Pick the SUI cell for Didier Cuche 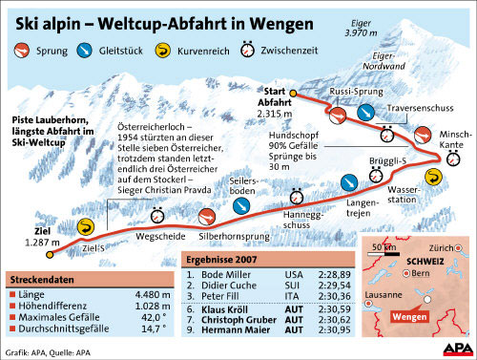coord(295,286)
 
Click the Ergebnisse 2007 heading coord(222,259)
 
